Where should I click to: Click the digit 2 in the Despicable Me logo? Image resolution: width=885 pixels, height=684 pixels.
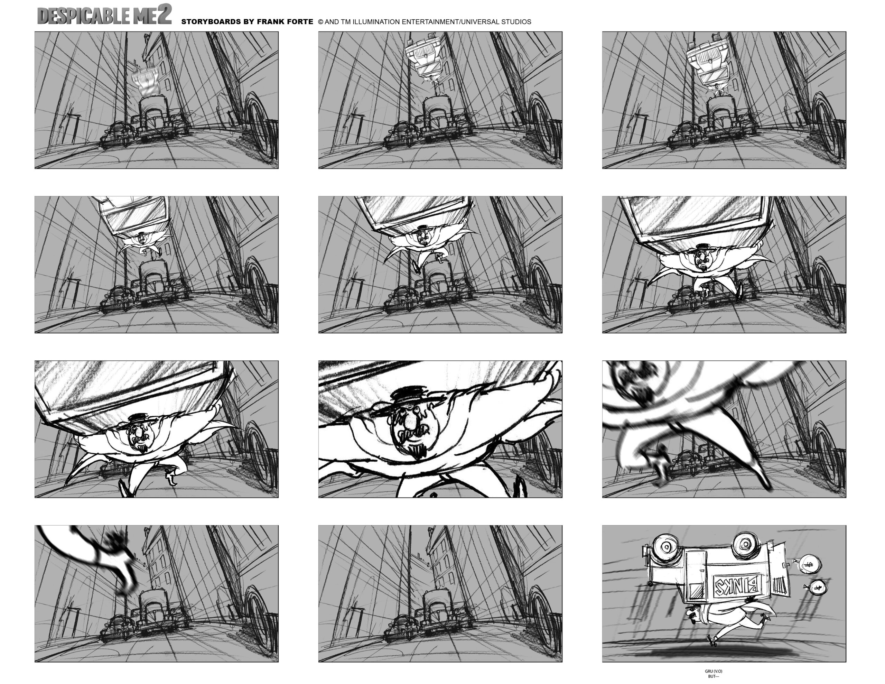coord(164,14)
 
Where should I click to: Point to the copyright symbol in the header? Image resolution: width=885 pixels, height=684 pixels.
coord(320,22)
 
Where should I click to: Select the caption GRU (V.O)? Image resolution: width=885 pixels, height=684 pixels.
coord(713,671)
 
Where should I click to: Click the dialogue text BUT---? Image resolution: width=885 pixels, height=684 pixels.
coord(713,676)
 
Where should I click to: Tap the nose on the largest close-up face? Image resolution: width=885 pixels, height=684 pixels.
coord(410,421)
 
